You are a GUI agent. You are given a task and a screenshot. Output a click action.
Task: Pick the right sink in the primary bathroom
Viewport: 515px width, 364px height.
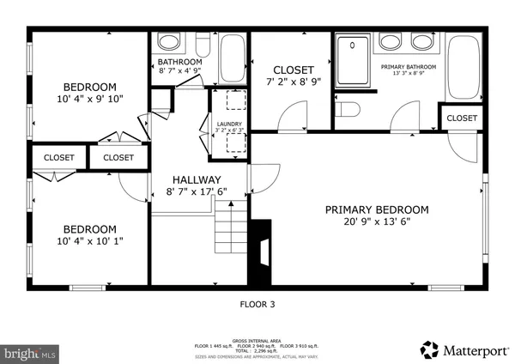click(421, 42)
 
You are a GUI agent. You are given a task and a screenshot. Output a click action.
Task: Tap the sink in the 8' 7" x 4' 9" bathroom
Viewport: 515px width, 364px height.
click(169, 42)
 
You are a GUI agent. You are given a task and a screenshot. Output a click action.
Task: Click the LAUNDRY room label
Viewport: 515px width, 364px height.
click(229, 124)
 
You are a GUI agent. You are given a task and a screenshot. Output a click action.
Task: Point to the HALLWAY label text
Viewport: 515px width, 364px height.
click(199, 179)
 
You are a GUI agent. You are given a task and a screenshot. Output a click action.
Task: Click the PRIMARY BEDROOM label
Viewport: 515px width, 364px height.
click(376, 209)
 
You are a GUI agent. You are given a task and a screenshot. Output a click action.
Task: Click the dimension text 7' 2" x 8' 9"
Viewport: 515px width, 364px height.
click(293, 82)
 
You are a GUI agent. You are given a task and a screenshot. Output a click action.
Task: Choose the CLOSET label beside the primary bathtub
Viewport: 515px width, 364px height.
click(462, 118)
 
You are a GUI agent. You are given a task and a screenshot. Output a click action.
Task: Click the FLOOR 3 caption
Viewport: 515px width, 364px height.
click(257, 303)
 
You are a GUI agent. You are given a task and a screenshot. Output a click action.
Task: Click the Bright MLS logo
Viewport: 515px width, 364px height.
click(30, 352)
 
